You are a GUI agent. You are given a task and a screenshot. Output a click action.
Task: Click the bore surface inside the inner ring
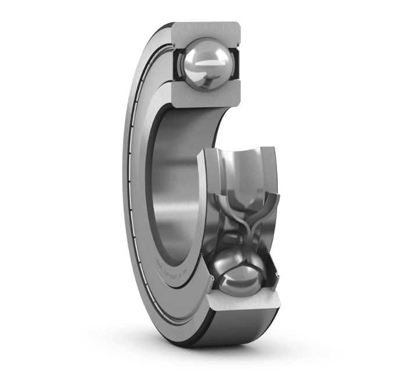(180, 174)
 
